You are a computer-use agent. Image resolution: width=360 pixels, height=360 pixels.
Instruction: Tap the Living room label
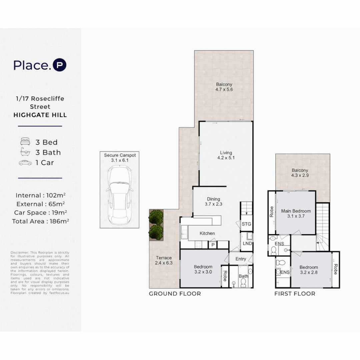click(x=226, y=155)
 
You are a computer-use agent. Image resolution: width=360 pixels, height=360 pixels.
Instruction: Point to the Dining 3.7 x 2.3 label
click(x=213, y=202)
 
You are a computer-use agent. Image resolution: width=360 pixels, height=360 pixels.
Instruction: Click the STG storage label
click(x=246, y=224)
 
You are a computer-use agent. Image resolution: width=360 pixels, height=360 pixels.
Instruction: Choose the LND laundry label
click(x=247, y=243)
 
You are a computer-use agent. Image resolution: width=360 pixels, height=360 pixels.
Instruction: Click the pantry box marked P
click(x=213, y=245)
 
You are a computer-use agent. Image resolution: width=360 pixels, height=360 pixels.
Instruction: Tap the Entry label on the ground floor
click(x=241, y=259)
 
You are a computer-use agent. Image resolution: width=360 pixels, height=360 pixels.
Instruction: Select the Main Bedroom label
click(x=296, y=213)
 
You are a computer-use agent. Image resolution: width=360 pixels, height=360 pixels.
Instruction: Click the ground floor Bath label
click(x=243, y=276)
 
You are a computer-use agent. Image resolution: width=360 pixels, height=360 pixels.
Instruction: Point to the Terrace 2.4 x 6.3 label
click(x=163, y=260)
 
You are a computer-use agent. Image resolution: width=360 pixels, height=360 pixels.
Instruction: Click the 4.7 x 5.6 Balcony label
click(x=224, y=87)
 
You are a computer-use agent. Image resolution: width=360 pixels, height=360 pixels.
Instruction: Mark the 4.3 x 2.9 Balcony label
click(x=300, y=172)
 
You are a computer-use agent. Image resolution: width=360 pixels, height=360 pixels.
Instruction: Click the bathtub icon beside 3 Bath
click(x=25, y=153)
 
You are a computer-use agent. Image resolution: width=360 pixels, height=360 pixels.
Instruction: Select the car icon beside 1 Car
click(x=25, y=163)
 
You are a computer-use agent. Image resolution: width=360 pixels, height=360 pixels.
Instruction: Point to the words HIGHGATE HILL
click(x=40, y=115)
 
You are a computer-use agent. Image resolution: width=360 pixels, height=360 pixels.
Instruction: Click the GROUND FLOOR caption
click(x=175, y=294)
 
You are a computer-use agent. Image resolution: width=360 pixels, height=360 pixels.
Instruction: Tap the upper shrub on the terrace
click(x=156, y=217)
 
